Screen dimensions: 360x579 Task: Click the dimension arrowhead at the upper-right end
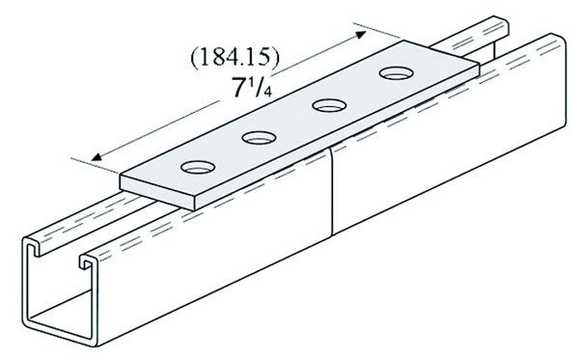[x=371, y=29]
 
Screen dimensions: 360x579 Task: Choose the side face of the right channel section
[x=434, y=164]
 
